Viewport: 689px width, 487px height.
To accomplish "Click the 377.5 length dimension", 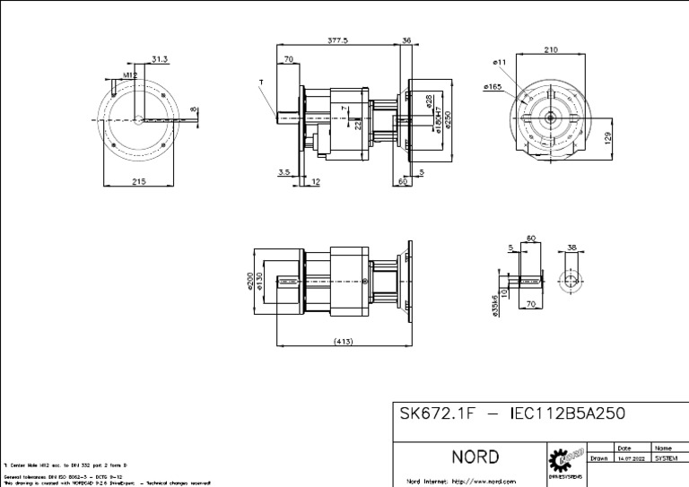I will point(338,40).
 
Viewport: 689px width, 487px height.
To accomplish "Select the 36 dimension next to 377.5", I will point(407,40).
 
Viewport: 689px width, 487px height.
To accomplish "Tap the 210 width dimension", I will point(551,50).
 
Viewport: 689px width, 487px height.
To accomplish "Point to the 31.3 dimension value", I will point(160,59).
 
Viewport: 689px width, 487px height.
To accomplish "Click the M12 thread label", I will point(130,76).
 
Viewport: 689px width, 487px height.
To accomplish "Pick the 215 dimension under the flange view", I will point(139,181).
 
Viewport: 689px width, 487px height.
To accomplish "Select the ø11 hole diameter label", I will point(500,61).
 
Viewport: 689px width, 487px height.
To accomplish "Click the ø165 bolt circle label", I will point(493,87).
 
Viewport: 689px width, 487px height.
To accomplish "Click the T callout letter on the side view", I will point(261,82).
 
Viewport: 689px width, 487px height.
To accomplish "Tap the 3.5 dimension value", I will point(284,170).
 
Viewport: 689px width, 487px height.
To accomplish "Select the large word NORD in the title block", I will point(475,457).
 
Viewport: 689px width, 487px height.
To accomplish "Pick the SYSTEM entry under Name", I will point(666,457).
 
